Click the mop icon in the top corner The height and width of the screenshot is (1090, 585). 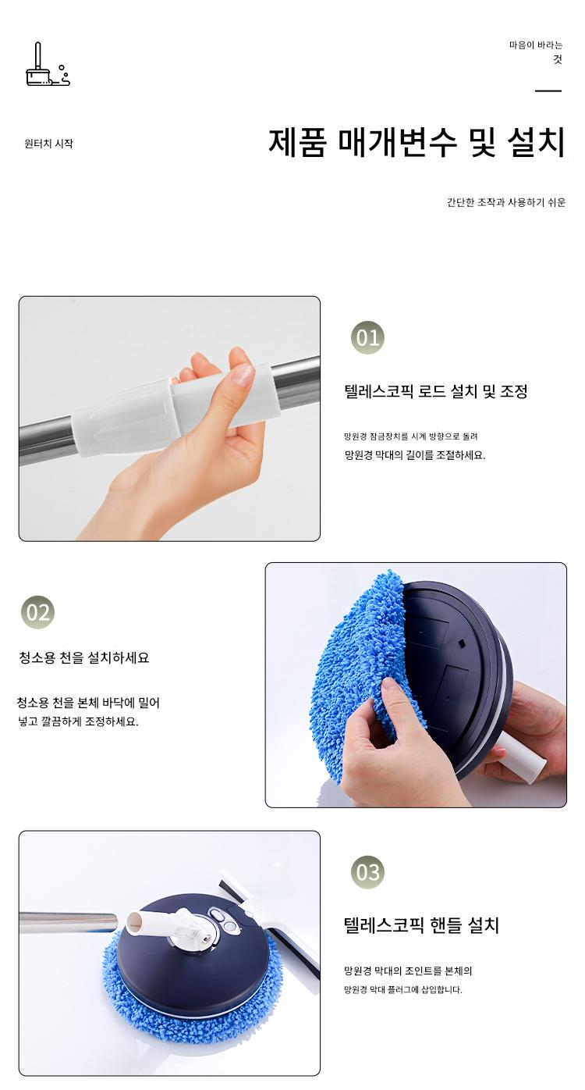click(x=48, y=66)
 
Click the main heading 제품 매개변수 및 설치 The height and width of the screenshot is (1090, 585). click(x=417, y=142)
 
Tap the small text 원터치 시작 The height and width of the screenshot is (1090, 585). click(x=48, y=144)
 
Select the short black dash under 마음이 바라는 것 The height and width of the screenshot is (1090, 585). click(x=548, y=91)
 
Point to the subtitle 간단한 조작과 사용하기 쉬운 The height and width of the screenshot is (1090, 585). click(x=506, y=202)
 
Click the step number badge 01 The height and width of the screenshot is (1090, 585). click(x=367, y=338)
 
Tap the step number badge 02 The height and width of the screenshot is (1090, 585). click(x=38, y=612)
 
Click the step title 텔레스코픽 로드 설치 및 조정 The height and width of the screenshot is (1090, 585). click(x=436, y=392)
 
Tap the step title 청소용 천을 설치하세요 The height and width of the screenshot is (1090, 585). click(x=84, y=658)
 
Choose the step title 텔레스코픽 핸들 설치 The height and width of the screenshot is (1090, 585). click(x=422, y=925)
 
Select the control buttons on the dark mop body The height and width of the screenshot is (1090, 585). click(x=223, y=920)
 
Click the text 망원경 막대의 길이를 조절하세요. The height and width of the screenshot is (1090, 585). click(x=415, y=455)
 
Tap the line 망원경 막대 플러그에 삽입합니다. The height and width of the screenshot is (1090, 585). click(x=403, y=990)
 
